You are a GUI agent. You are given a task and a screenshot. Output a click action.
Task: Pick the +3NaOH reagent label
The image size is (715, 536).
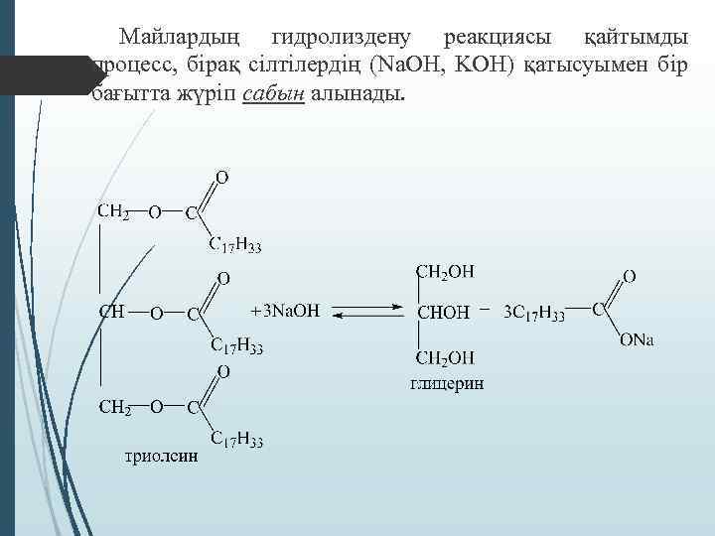point(285,312)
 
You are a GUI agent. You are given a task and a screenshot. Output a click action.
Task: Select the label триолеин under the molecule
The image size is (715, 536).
point(161,457)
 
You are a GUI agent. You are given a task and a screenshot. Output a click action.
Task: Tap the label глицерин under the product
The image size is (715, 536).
point(447,384)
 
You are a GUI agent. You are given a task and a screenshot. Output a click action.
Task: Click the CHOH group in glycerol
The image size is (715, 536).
point(442,313)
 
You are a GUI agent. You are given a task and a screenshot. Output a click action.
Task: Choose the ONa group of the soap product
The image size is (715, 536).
point(637,341)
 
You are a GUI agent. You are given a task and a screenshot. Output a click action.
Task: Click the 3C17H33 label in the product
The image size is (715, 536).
point(534,315)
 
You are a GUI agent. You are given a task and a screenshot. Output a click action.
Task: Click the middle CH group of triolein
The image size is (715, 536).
point(111,312)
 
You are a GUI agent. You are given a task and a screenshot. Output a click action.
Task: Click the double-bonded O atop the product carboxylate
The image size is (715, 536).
point(630,274)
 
